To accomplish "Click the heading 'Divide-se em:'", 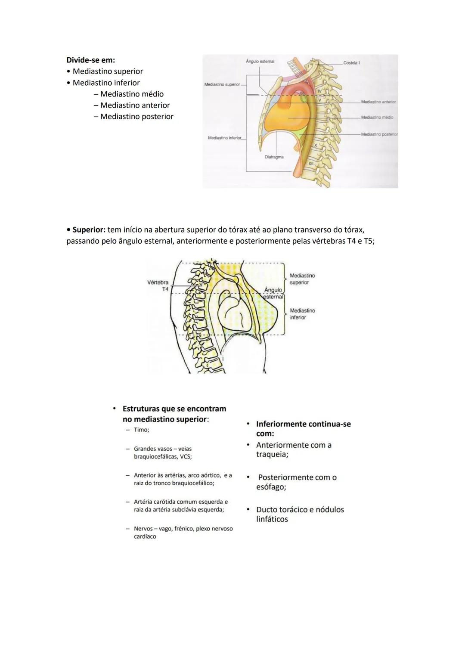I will point(90,60).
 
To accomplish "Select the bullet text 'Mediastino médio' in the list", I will point(132,94).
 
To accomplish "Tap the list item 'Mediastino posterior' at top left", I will point(136,117).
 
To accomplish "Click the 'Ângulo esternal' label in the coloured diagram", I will point(260,62).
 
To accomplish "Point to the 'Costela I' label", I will point(351,63).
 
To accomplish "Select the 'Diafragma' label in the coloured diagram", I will point(274,157).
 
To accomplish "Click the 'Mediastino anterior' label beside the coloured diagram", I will point(378,102).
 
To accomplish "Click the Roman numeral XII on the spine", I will point(311,164).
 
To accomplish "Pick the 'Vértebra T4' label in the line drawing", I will point(158,285).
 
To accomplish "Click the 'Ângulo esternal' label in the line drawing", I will point(273,293).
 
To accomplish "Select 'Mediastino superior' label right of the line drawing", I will point(302,279).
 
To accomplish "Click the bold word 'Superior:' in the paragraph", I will point(89,230).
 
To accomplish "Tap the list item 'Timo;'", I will point(141,430).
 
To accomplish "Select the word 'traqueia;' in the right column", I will point(272,455).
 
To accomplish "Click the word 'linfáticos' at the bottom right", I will point(272,519).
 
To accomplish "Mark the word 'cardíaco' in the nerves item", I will point(145,537).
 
